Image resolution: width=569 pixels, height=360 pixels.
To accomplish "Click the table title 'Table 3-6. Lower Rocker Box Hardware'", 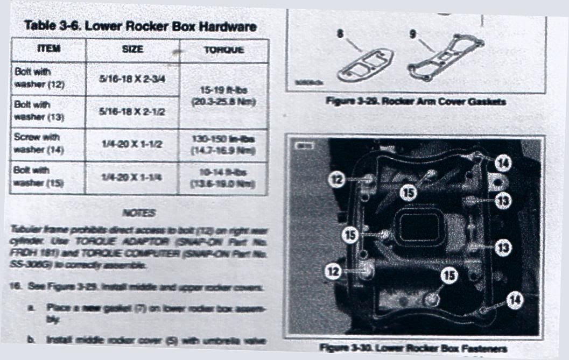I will [140, 26].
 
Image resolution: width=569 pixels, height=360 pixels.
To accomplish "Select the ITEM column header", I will [48, 49].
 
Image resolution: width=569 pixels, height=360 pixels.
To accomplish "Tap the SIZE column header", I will [132, 49].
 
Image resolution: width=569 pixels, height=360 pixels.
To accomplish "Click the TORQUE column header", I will [223, 50].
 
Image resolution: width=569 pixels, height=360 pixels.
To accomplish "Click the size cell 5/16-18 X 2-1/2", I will [132, 111].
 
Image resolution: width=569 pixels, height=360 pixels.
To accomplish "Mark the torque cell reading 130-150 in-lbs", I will [223, 145].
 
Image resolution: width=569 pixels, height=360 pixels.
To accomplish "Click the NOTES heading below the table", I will [139, 213].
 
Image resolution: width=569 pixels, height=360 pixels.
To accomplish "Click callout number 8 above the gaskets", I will [340, 33].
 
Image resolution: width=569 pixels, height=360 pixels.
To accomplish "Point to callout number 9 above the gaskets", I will [413, 33].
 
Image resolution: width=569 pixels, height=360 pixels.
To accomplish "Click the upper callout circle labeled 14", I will [502, 160].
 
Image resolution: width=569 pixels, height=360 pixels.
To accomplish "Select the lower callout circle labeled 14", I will [515, 302].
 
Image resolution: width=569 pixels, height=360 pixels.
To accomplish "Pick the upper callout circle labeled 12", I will [337, 179].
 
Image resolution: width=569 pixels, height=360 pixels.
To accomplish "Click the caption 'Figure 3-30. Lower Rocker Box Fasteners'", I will [413, 348].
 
